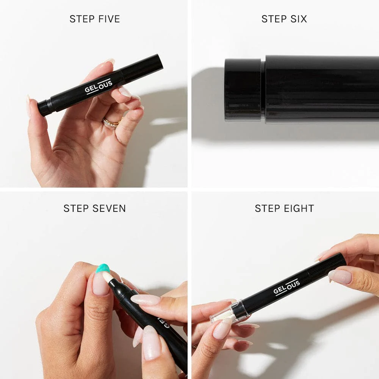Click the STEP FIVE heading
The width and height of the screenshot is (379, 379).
click(94, 19)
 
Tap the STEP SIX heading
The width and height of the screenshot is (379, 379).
click(284, 19)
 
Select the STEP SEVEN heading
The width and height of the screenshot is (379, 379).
click(94, 208)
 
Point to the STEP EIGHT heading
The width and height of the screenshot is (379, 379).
click(284, 208)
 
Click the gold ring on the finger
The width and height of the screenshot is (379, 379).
click(111, 122)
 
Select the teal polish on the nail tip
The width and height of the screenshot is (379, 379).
click(102, 269)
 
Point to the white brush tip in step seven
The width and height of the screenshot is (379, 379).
click(108, 278)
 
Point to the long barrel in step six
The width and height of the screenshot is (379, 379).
click(322, 89)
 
